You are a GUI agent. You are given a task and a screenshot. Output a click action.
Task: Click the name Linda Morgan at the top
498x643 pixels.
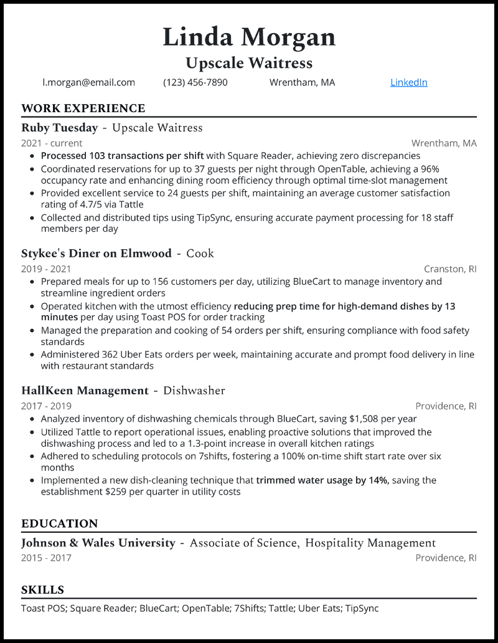tap(249, 37)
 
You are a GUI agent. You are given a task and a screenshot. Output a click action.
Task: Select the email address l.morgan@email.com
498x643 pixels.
tap(88, 82)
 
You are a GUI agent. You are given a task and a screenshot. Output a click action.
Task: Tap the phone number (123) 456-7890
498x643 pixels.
tap(195, 82)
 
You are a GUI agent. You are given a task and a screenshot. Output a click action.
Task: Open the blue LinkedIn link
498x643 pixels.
tap(408, 82)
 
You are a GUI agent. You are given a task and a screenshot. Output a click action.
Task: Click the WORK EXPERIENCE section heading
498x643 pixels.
tap(83, 108)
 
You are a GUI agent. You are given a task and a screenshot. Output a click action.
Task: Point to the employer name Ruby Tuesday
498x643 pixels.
tap(59, 128)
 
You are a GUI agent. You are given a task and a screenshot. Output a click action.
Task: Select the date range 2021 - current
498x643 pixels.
tap(52, 143)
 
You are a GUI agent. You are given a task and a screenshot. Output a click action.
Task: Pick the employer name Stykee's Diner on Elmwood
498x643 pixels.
tap(96, 253)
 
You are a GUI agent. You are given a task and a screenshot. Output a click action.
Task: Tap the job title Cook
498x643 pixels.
tap(200, 253)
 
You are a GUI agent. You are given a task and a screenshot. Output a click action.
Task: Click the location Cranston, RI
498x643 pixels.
tap(450, 269)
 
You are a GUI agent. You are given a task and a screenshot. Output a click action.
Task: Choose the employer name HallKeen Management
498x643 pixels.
tap(85, 391)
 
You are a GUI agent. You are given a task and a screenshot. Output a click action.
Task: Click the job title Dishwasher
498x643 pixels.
tap(194, 391)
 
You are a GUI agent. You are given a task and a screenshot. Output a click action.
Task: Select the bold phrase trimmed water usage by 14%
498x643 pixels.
tap(322, 480)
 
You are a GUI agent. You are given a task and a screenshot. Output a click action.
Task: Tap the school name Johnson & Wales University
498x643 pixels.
tap(98, 543)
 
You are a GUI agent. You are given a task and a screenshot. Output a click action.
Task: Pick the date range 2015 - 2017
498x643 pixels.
tap(46, 558)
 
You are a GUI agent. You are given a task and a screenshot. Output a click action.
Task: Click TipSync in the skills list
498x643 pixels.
tap(362, 608)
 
